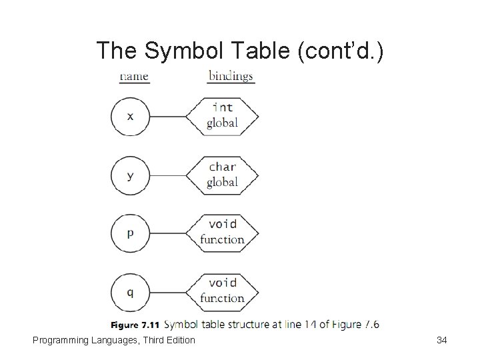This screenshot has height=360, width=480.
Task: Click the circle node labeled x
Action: pyautogui.click(x=130, y=116)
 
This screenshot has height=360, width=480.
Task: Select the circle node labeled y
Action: pyautogui.click(x=130, y=175)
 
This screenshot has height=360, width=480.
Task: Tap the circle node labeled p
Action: pyautogui.click(x=130, y=233)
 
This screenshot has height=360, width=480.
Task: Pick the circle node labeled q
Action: pyautogui.click(x=130, y=291)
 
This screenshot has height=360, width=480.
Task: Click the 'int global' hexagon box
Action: pyautogui.click(x=222, y=116)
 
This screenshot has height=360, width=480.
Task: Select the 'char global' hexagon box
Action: pyautogui.click(x=222, y=175)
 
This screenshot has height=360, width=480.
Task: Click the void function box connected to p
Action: pyautogui.click(x=222, y=233)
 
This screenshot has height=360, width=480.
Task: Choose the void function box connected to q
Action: pyautogui.click(x=222, y=291)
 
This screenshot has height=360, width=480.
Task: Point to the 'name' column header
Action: pyautogui.click(x=133, y=76)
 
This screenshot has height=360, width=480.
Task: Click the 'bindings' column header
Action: pyautogui.click(x=231, y=76)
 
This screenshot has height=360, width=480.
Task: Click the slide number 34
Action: pyautogui.click(x=441, y=340)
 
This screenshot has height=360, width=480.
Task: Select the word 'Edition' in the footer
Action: pyautogui.click(x=179, y=340)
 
